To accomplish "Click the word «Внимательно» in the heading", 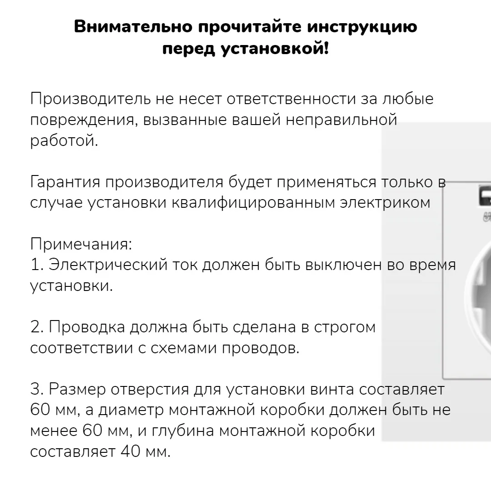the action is (x=133, y=27).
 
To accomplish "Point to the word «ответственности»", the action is (x=291, y=99).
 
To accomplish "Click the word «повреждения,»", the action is (x=84, y=120).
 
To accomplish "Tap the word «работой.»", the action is (x=64, y=140).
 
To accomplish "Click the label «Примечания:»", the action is (x=81, y=245).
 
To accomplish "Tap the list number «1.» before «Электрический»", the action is (x=37, y=265).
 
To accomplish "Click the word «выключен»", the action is (x=344, y=265).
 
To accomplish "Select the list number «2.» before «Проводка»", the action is (x=37, y=327).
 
